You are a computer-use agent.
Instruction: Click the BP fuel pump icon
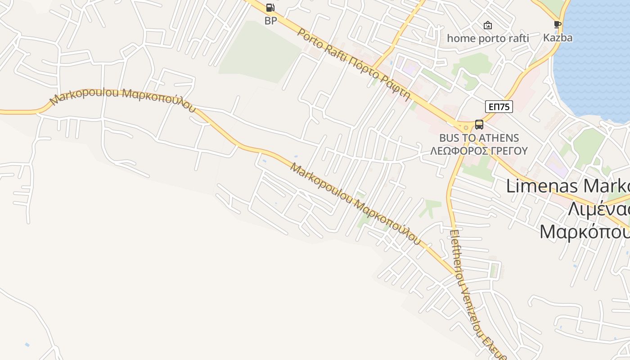tap(270, 8)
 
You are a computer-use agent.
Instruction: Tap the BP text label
tap(270, 21)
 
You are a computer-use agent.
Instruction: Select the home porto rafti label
tap(488, 38)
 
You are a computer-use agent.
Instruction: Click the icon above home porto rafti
tap(487, 25)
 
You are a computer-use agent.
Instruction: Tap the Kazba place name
tap(558, 37)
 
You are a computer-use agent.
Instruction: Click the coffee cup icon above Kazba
tap(558, 24)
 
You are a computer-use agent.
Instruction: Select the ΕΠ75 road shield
tap(499, 107)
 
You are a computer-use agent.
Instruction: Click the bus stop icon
tap(479, 125)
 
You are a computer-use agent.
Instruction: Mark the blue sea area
tap(594, 58)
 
